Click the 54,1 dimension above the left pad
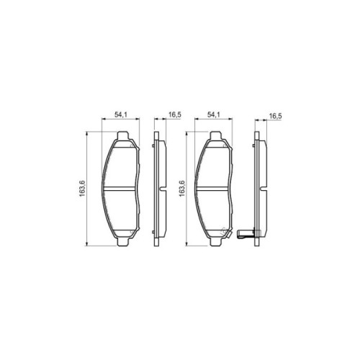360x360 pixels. [120, 114]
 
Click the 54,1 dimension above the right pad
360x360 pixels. [214, 114]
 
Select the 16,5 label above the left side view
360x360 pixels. [175, 115]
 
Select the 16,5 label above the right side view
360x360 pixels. [275, 116]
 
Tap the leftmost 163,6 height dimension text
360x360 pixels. [82, 189]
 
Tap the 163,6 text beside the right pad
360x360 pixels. [182, 189]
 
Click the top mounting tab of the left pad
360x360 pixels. [122, 135]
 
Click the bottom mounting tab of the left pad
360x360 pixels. [122, 242]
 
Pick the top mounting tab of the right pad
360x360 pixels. [215, 135]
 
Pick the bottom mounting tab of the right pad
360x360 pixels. [215, 242]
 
